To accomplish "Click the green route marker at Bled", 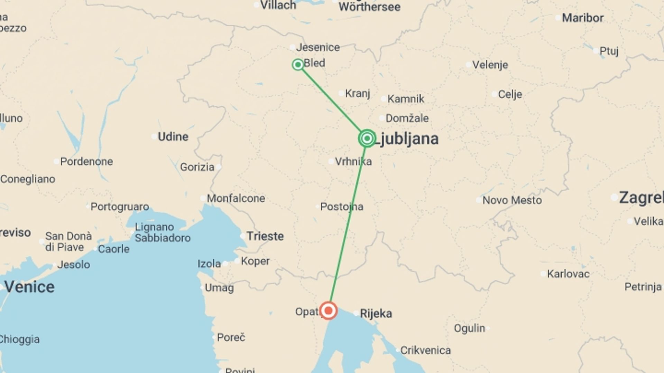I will click(x=298, y=65).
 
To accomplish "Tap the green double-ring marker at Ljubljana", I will click(x=367, y=138).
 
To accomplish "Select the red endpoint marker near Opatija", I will click(x=328, y=310).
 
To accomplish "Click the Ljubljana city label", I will click(x=407, y=139).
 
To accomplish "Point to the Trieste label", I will click(x=265, y=236).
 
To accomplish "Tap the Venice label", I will click(x=29, y=287).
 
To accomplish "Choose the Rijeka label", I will click(x=376, y=314).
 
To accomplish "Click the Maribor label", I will click(x=582, y=18).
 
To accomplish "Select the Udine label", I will click(x=173, y=137).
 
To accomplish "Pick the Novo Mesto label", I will click(x=512, y=200).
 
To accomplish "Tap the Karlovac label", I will click(x=568, y=274).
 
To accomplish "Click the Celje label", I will click(x=510, y=94).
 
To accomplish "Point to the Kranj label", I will click(x=358, y=93).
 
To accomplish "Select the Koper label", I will click(x=255, y=261).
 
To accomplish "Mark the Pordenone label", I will click(x=86, y=162).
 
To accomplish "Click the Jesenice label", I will click(x=318, y=47).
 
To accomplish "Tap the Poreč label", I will click(x=231, y=337).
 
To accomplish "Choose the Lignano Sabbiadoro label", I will click(x=163, y=232).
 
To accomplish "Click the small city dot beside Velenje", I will click(x=469, y=65).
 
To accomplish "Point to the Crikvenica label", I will click(x=425, y=351).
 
